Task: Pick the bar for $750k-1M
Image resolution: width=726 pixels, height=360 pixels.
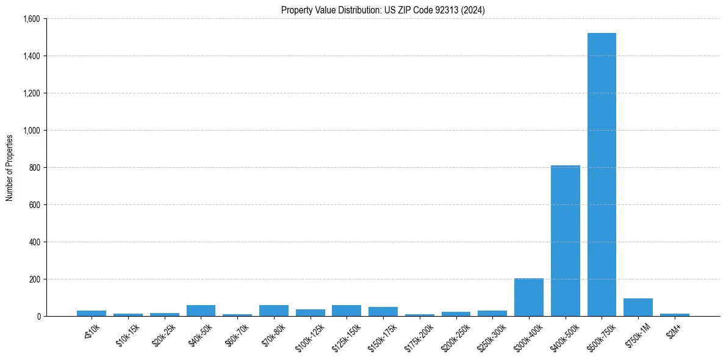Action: pos(638,308)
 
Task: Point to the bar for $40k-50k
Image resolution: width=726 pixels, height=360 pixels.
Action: pos(201,311)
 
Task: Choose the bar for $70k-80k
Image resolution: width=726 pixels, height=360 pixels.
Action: pos(274,311)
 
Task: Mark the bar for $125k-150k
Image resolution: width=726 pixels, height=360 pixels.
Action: pos(347,311)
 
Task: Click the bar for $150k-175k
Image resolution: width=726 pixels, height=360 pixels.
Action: pos(383,312)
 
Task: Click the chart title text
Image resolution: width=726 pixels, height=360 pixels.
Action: pos(383,10)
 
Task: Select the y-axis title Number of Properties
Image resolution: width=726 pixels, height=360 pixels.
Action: pos(10,168)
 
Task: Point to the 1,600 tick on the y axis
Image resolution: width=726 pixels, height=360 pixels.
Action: pos(31,19)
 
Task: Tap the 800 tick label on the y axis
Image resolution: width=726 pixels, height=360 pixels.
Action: pos(34,168)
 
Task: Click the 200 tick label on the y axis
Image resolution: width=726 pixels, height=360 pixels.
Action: pos(34,279)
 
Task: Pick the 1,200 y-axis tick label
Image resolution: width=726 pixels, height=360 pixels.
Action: pos(31,93)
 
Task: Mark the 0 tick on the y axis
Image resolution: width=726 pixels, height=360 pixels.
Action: pos(38,317)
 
